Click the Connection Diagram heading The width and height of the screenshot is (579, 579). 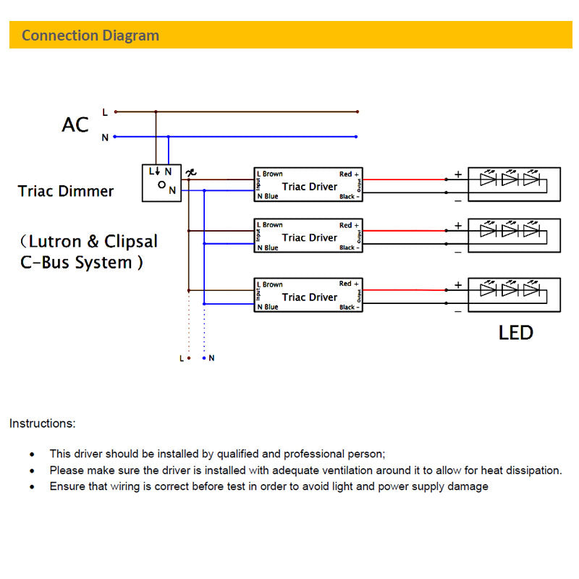tap(90, 35)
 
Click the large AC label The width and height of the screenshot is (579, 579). tap(75, 124)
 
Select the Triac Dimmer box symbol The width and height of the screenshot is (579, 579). tap(161, 183)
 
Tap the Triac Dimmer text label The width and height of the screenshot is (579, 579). tap(66, 191)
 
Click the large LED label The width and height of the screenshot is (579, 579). tap(515, 333)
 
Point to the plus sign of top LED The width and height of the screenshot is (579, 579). tap(458, 174)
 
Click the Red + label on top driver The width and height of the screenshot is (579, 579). tap(349, 174)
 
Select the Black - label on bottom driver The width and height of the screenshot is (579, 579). tap(349, 308)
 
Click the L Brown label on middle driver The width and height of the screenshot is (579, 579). tap(270, 225)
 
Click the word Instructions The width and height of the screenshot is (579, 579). tap(42, 423)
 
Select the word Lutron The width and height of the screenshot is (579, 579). tap(57, 241)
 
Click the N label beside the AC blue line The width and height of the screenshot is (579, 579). tap(105, 137)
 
